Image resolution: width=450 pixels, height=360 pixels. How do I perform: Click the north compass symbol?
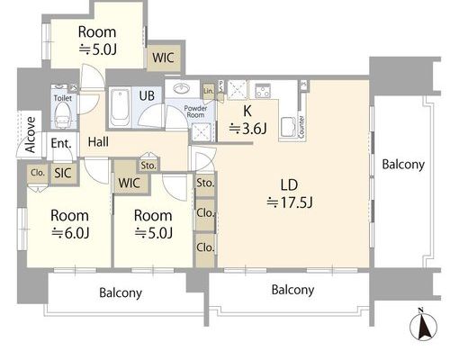pos(423,326)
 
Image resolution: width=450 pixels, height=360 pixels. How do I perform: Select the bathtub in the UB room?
pos(120,108)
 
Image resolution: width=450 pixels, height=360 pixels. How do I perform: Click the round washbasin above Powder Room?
pos(182,88)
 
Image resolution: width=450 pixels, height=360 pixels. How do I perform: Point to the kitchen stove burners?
pos(263,91)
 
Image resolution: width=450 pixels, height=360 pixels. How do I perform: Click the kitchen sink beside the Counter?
pos(289,127)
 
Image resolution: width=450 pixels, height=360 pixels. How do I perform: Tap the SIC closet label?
pos(63,173)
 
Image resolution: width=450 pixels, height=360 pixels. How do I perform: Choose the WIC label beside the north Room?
pos(163,58)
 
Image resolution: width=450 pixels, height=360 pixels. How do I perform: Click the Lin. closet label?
pos(209,91)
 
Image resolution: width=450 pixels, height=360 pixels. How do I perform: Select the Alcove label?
pos(31,135)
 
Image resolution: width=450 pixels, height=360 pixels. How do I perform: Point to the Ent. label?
pos(61,143)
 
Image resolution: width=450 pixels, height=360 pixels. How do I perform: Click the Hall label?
pos(98,142)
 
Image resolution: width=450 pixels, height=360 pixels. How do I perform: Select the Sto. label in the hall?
pos(148,166)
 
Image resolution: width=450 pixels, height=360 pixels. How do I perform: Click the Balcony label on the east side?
pos(403,165)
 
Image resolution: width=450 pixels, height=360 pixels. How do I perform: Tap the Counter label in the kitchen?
pos(301,127)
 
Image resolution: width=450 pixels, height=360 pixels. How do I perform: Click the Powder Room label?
pos(195,112)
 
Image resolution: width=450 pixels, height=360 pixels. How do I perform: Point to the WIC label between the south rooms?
pos(129,183)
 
